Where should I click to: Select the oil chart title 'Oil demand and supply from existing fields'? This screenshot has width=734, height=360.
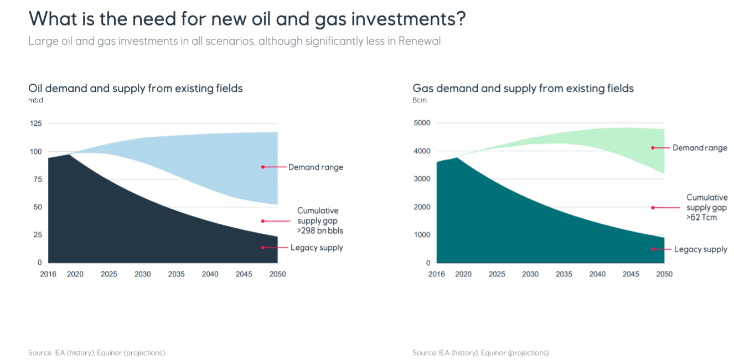coord(136,88)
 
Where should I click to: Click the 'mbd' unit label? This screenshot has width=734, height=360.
coord(35,100)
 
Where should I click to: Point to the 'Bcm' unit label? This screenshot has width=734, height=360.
coord(420,100)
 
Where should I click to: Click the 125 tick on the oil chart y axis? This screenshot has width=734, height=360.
coord(35,124)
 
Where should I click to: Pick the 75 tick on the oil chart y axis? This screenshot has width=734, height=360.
coord(38,179)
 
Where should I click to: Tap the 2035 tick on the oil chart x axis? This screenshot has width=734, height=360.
coord(177,274)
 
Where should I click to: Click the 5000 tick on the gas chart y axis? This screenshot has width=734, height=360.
coord(422,123)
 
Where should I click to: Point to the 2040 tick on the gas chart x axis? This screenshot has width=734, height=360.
coord(597,274)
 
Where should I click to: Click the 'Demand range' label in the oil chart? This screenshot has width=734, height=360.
coord(316,167)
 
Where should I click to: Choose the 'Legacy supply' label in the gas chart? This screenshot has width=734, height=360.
coord(700,250)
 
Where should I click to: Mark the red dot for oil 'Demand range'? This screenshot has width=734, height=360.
coord(262,167)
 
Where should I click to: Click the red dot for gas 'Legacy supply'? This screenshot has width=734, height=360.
coord(653,249)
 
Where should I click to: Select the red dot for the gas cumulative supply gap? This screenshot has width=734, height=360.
coord(653,208)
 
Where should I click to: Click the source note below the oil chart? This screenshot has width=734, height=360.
coord(96,353)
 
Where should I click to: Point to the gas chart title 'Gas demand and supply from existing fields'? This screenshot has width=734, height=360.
coord(523,88)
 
